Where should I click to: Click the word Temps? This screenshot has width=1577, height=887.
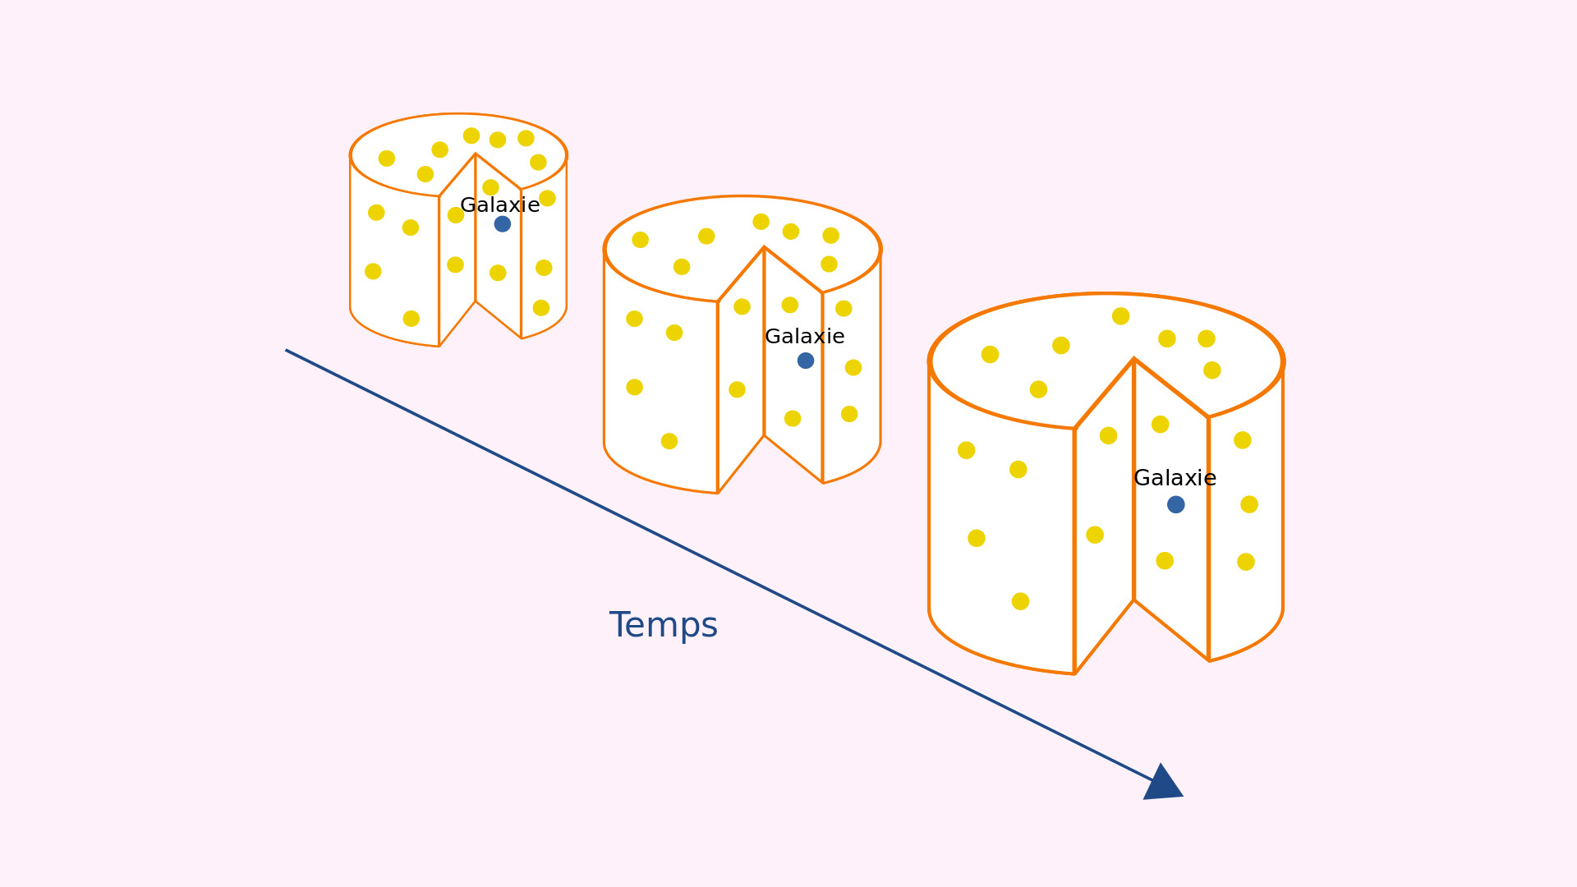tap(664, 625)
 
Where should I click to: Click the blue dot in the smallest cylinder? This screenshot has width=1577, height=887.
tap(503, 223)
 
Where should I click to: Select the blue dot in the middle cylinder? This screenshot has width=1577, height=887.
tap(806, 361)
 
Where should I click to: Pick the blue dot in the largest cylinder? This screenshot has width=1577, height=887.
tap(1176, 504)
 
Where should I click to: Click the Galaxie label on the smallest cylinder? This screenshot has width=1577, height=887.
tap(500, 205)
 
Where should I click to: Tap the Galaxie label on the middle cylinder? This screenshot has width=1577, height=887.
tap(805, 337)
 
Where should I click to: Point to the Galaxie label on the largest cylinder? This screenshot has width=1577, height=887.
tap(1175, 478)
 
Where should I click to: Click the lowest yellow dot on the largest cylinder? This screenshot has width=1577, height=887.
tap(1020, 601)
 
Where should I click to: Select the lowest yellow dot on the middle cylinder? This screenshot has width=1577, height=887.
tap(669, 441)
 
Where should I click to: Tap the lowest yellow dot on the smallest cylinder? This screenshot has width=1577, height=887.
tap(411, 319)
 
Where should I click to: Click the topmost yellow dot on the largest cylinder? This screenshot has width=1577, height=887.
tap(1121, 316)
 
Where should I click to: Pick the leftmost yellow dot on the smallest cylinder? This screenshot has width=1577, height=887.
tap(373, 271)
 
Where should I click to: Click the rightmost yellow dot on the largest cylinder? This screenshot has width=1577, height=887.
tap(1249, 504)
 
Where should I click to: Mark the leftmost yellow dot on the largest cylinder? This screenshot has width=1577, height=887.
tap(967, 450)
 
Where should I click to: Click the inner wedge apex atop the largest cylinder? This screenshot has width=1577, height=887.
tap(1134, 359)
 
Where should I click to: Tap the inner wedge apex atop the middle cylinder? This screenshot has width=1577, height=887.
tap(765, 247)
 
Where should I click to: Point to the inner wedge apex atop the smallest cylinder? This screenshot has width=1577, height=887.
tap(476, 154)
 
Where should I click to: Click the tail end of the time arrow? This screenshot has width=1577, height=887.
tap(286, 350)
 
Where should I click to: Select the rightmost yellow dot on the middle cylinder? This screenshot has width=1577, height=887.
tap(853, 367)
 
